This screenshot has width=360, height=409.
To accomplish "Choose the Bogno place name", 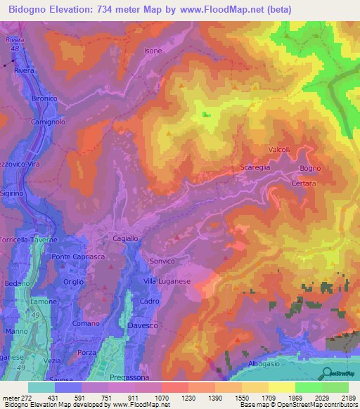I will tap(309, 169).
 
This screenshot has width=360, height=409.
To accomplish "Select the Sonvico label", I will tap(161, 261).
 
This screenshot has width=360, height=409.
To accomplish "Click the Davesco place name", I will tap(143, 326).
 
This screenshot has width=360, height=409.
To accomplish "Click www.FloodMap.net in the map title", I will tap(231, 9).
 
